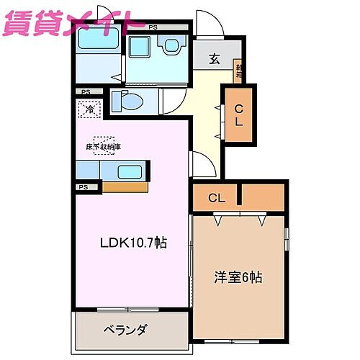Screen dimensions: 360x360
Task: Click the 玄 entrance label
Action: pyautogui.click(x=215, y=60)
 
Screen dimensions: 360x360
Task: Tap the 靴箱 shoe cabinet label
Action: pyautogui.click(x=237, y=71)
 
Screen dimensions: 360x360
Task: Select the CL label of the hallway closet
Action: pyautogui.click(x=238, y=115)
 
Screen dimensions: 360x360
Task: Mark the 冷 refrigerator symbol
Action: pyautogui.click(x=89, y=110)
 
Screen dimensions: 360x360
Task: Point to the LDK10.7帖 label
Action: pyautogui.click(x=132, y=243)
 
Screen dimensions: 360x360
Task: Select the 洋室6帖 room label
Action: pyautogui.click(x=238, y=276)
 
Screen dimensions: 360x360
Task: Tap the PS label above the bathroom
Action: pyautogui.click(x=153, y=27)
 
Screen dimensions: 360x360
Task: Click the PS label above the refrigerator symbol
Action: pyautogui.click(x=86, y=92)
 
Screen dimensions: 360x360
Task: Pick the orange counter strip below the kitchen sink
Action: pyautogui.click(x=125, y=186)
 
